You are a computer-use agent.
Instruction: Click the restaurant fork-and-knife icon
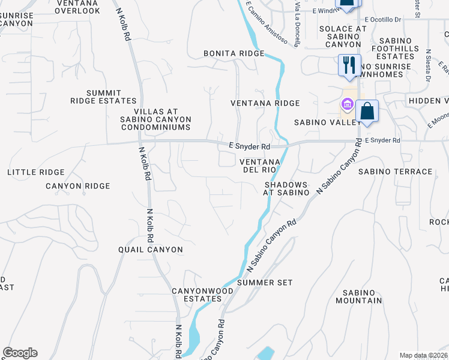[x=349, y=64]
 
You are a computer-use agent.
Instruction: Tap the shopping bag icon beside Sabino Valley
[x=367, y=111]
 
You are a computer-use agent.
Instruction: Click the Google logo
[x=20, y=353]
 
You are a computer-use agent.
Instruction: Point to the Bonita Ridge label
[x=234, y=53]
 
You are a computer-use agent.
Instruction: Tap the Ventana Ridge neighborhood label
[x=265, y=103]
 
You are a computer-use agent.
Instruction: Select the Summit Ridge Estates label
[x=103, y=97]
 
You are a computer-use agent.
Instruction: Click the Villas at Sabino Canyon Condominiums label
[x=155, y=119]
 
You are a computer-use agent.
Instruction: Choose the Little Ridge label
[x=35, y=172]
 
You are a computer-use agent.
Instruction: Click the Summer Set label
[x=265, y=282]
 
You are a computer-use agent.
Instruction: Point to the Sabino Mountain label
[x=359, y=296]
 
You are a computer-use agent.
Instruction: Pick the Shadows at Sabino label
[x=286, y=188]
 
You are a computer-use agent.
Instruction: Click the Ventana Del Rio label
[x=260, y=166]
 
